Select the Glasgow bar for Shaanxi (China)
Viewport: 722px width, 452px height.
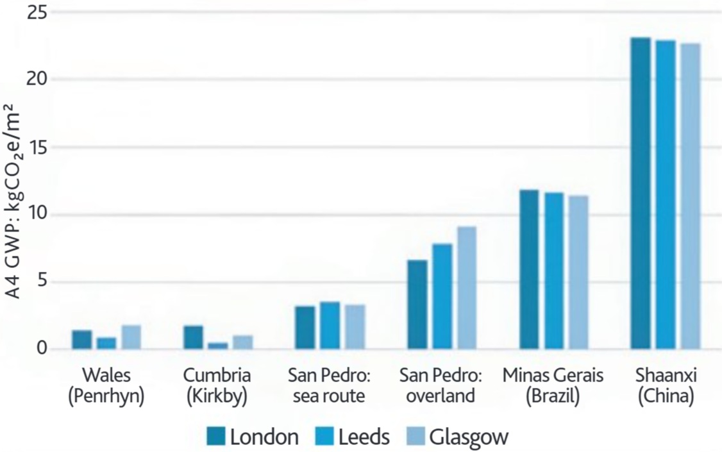click(690, 196)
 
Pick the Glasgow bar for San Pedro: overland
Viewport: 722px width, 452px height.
click(466, 288)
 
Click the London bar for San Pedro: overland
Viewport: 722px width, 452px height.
click(417, 305)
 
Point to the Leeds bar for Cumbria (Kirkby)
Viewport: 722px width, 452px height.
click(218, 346)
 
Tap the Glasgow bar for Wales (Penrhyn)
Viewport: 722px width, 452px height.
click(131, 337)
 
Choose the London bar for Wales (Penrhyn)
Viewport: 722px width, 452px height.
click(82, 340)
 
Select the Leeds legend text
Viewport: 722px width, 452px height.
click(363, 437)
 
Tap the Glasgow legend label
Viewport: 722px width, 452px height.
click(469, 437)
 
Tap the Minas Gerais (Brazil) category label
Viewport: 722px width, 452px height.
click(553, 386)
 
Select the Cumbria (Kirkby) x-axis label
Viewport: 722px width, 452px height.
click(217, 386)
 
